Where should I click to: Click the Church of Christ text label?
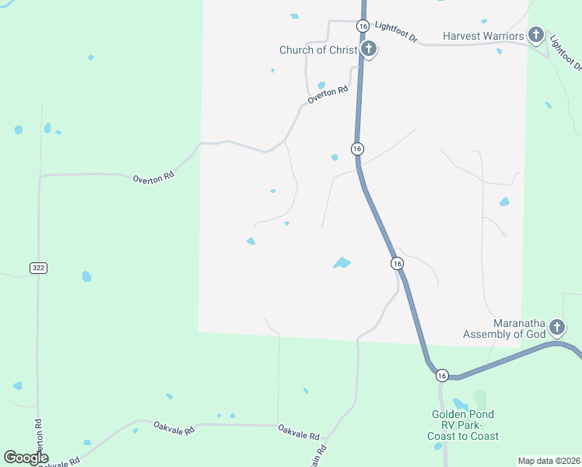point(317,51)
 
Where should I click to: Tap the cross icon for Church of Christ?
point(370,51)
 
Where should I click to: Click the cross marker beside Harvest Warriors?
point(535,34)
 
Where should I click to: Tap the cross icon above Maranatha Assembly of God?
point(556,326)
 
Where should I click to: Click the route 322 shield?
point(39,268)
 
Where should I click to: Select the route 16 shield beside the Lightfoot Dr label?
point(363,26)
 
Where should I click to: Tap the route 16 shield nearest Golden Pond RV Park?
point(442,375)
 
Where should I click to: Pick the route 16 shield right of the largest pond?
point(398,264)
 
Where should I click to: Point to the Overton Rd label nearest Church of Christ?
point(327,95)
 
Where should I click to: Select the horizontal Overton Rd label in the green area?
point(153,178)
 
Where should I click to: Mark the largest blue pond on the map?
point(342,263)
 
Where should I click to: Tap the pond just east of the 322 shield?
point(86,276)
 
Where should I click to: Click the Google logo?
point(26,458)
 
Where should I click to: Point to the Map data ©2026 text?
point(548,461)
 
